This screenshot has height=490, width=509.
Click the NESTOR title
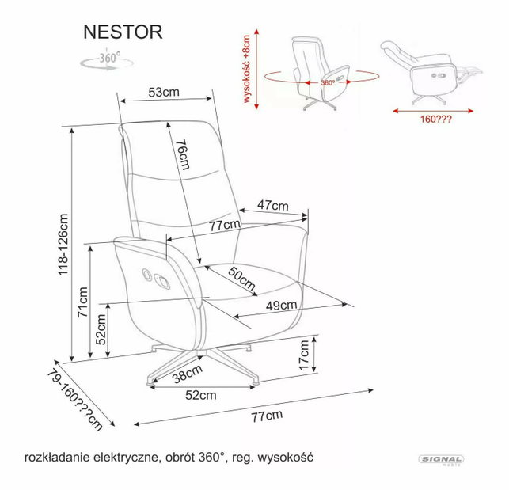click(123, 32)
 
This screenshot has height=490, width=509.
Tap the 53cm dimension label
click(164, 92)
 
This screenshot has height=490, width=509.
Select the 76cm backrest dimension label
click(182, 154)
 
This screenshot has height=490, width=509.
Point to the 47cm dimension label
click(272, 205)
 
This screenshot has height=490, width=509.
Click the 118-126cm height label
click(63, 245)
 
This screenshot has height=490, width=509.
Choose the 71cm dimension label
click(83, 302)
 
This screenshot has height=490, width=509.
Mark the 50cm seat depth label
click(241, 279)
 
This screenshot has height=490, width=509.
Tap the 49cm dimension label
click(281, 306)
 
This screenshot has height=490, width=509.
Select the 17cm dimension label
click(304, 355)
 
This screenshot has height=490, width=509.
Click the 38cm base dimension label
click(188, 374)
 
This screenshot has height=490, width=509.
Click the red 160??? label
click(435, 120)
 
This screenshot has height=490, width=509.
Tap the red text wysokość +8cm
click(247, 69)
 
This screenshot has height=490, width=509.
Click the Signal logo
click(441, 459)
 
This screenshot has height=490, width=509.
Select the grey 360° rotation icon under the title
click(108, 60)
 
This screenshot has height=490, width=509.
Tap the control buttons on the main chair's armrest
click(156, 279)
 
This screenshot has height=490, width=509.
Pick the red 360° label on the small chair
click(328, 83)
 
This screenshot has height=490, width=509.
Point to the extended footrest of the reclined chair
click(469, 72)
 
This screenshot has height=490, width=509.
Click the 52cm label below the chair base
click(200, 395)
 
